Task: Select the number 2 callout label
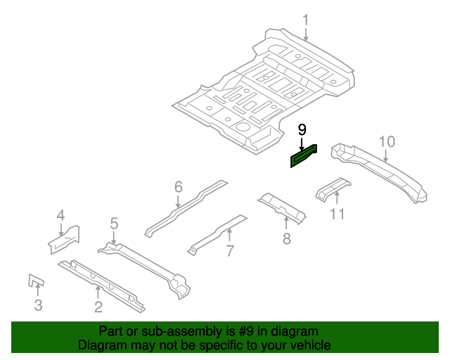pyautogui.click(x=98, y=305)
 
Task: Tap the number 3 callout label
pyautogui.click(x=38, y=304)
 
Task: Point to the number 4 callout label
pyautogui.click(x=60, y=216)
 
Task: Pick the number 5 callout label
pyautogui.click(x=114, y=224)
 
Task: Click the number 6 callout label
pyautogui.click(x=178, y=187)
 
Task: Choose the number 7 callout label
pyautogui.click(x=229, y=251)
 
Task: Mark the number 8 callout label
pyautogui.click(x=286, y=239)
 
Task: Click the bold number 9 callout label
pyautogui.click(x=302, y=129)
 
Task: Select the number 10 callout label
pyautogui.click(x=387, y=142)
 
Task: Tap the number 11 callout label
pyautogui.click(x=337, y=213)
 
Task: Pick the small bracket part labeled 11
pyautogui.click(x=330, y=190)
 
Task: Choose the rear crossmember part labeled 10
pyautogui.click(x=383, y=169)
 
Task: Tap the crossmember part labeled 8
pyautogui.click(x=283, y=209)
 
